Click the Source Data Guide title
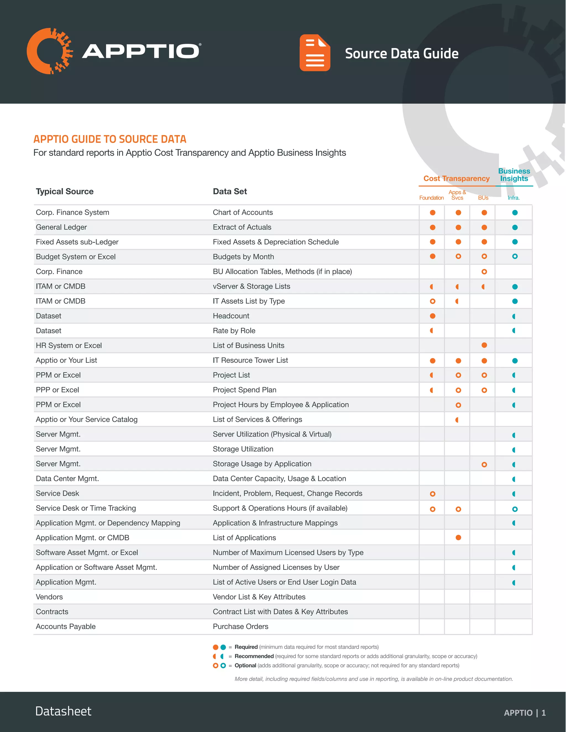pyautogui.click(x=401, y=54)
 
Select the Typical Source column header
pyautogui.click(x=65, y=191)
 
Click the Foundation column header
pyautogui.click(x=431, y=198)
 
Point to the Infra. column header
pyautogui.click(x=513, y=198)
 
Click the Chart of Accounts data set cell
pyautogui.click(x=243, y=212)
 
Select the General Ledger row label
pyautogui.click(x=61, y=227)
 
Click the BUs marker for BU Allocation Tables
pyautogui.click(x=484, y=272)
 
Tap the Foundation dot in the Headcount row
pyautogui.click(x=433, y=316)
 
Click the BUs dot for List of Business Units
pyautogui.click(x=484, y=345)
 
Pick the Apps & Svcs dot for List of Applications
pyautogui.click(x=458, y=538)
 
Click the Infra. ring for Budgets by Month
pyautogui.click(x=515, y=256)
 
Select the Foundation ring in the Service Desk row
pyautogui.click(x=433, y=494)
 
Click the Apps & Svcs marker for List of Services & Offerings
pyautogui.click(x=457, y=420)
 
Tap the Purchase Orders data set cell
pyautogui.click(x=240, y=626)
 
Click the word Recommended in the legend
pyautogui.click(x=254, y=656)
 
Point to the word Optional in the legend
pyautogui.click(x=245, y=665)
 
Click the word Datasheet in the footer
pyautogui.click(x=63, y=711)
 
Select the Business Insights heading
pyautogui.click(x=514, y=175)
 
